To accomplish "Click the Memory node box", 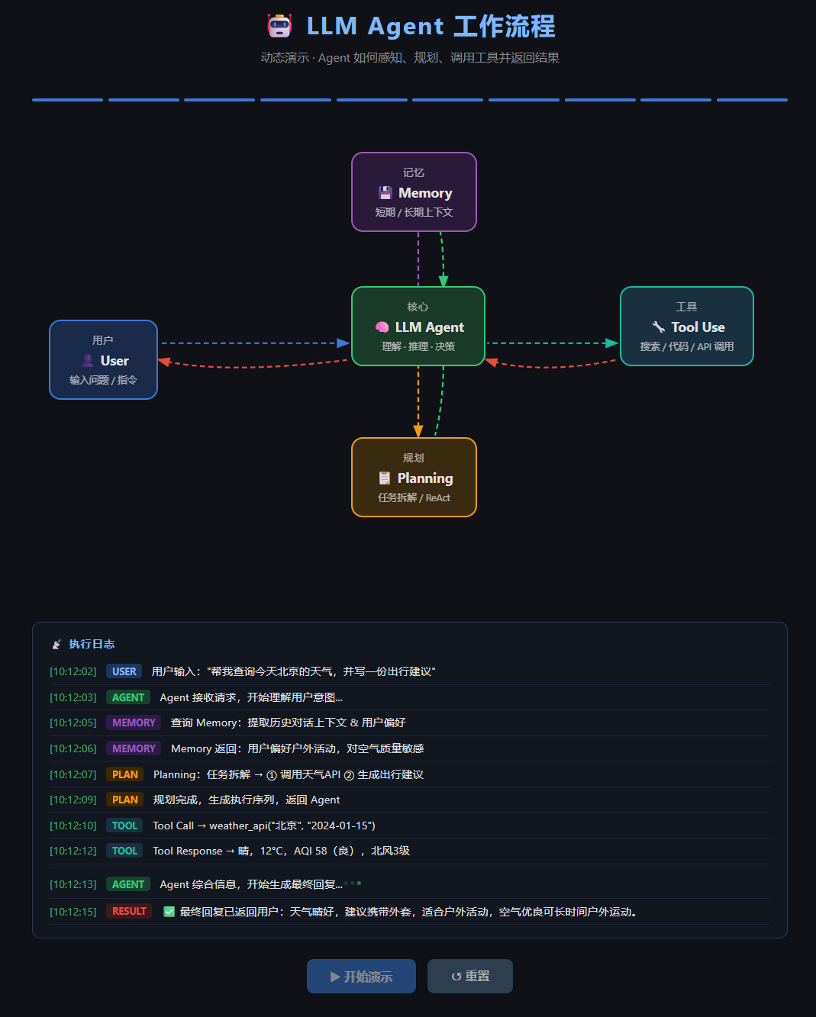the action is [414, 191].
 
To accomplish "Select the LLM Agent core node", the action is [418, 326].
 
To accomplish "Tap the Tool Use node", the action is [686, 326].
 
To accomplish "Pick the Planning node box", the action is [414, 478].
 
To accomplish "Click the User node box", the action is [103, 359].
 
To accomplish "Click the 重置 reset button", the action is [470, 976].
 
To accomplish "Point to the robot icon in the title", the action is [279, 25].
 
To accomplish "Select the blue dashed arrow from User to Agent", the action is [255, 343].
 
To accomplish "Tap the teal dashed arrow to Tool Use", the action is [552, 343].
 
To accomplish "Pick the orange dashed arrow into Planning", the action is [418, 402].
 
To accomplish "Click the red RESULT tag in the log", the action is [129, 911].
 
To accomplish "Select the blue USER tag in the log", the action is [124, 671].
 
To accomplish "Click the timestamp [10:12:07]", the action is [73, 774].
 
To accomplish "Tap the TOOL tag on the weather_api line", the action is [124, 826].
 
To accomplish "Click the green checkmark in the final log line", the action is [169, 912].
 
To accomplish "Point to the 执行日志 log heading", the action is [92, 644].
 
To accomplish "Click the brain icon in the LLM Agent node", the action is [382, 327].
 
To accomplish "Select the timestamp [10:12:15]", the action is [73, 912].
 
